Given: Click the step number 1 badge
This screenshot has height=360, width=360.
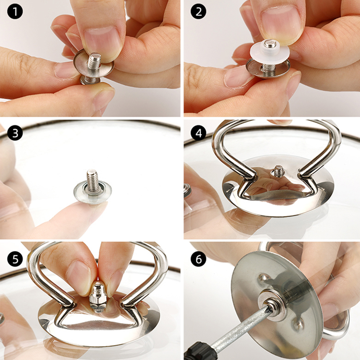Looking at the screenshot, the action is click(15, 11).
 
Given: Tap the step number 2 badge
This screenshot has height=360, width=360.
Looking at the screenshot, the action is click(199, 11).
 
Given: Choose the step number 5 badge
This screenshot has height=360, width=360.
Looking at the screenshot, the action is click(15, 259).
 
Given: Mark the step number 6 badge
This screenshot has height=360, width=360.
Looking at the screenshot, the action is click(199, 259).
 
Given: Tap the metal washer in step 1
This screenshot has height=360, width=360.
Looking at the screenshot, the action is click(94, 65).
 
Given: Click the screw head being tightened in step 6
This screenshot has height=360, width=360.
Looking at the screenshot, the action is click(273, 307).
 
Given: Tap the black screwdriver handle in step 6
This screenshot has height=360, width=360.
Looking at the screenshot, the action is click(198, 351).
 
